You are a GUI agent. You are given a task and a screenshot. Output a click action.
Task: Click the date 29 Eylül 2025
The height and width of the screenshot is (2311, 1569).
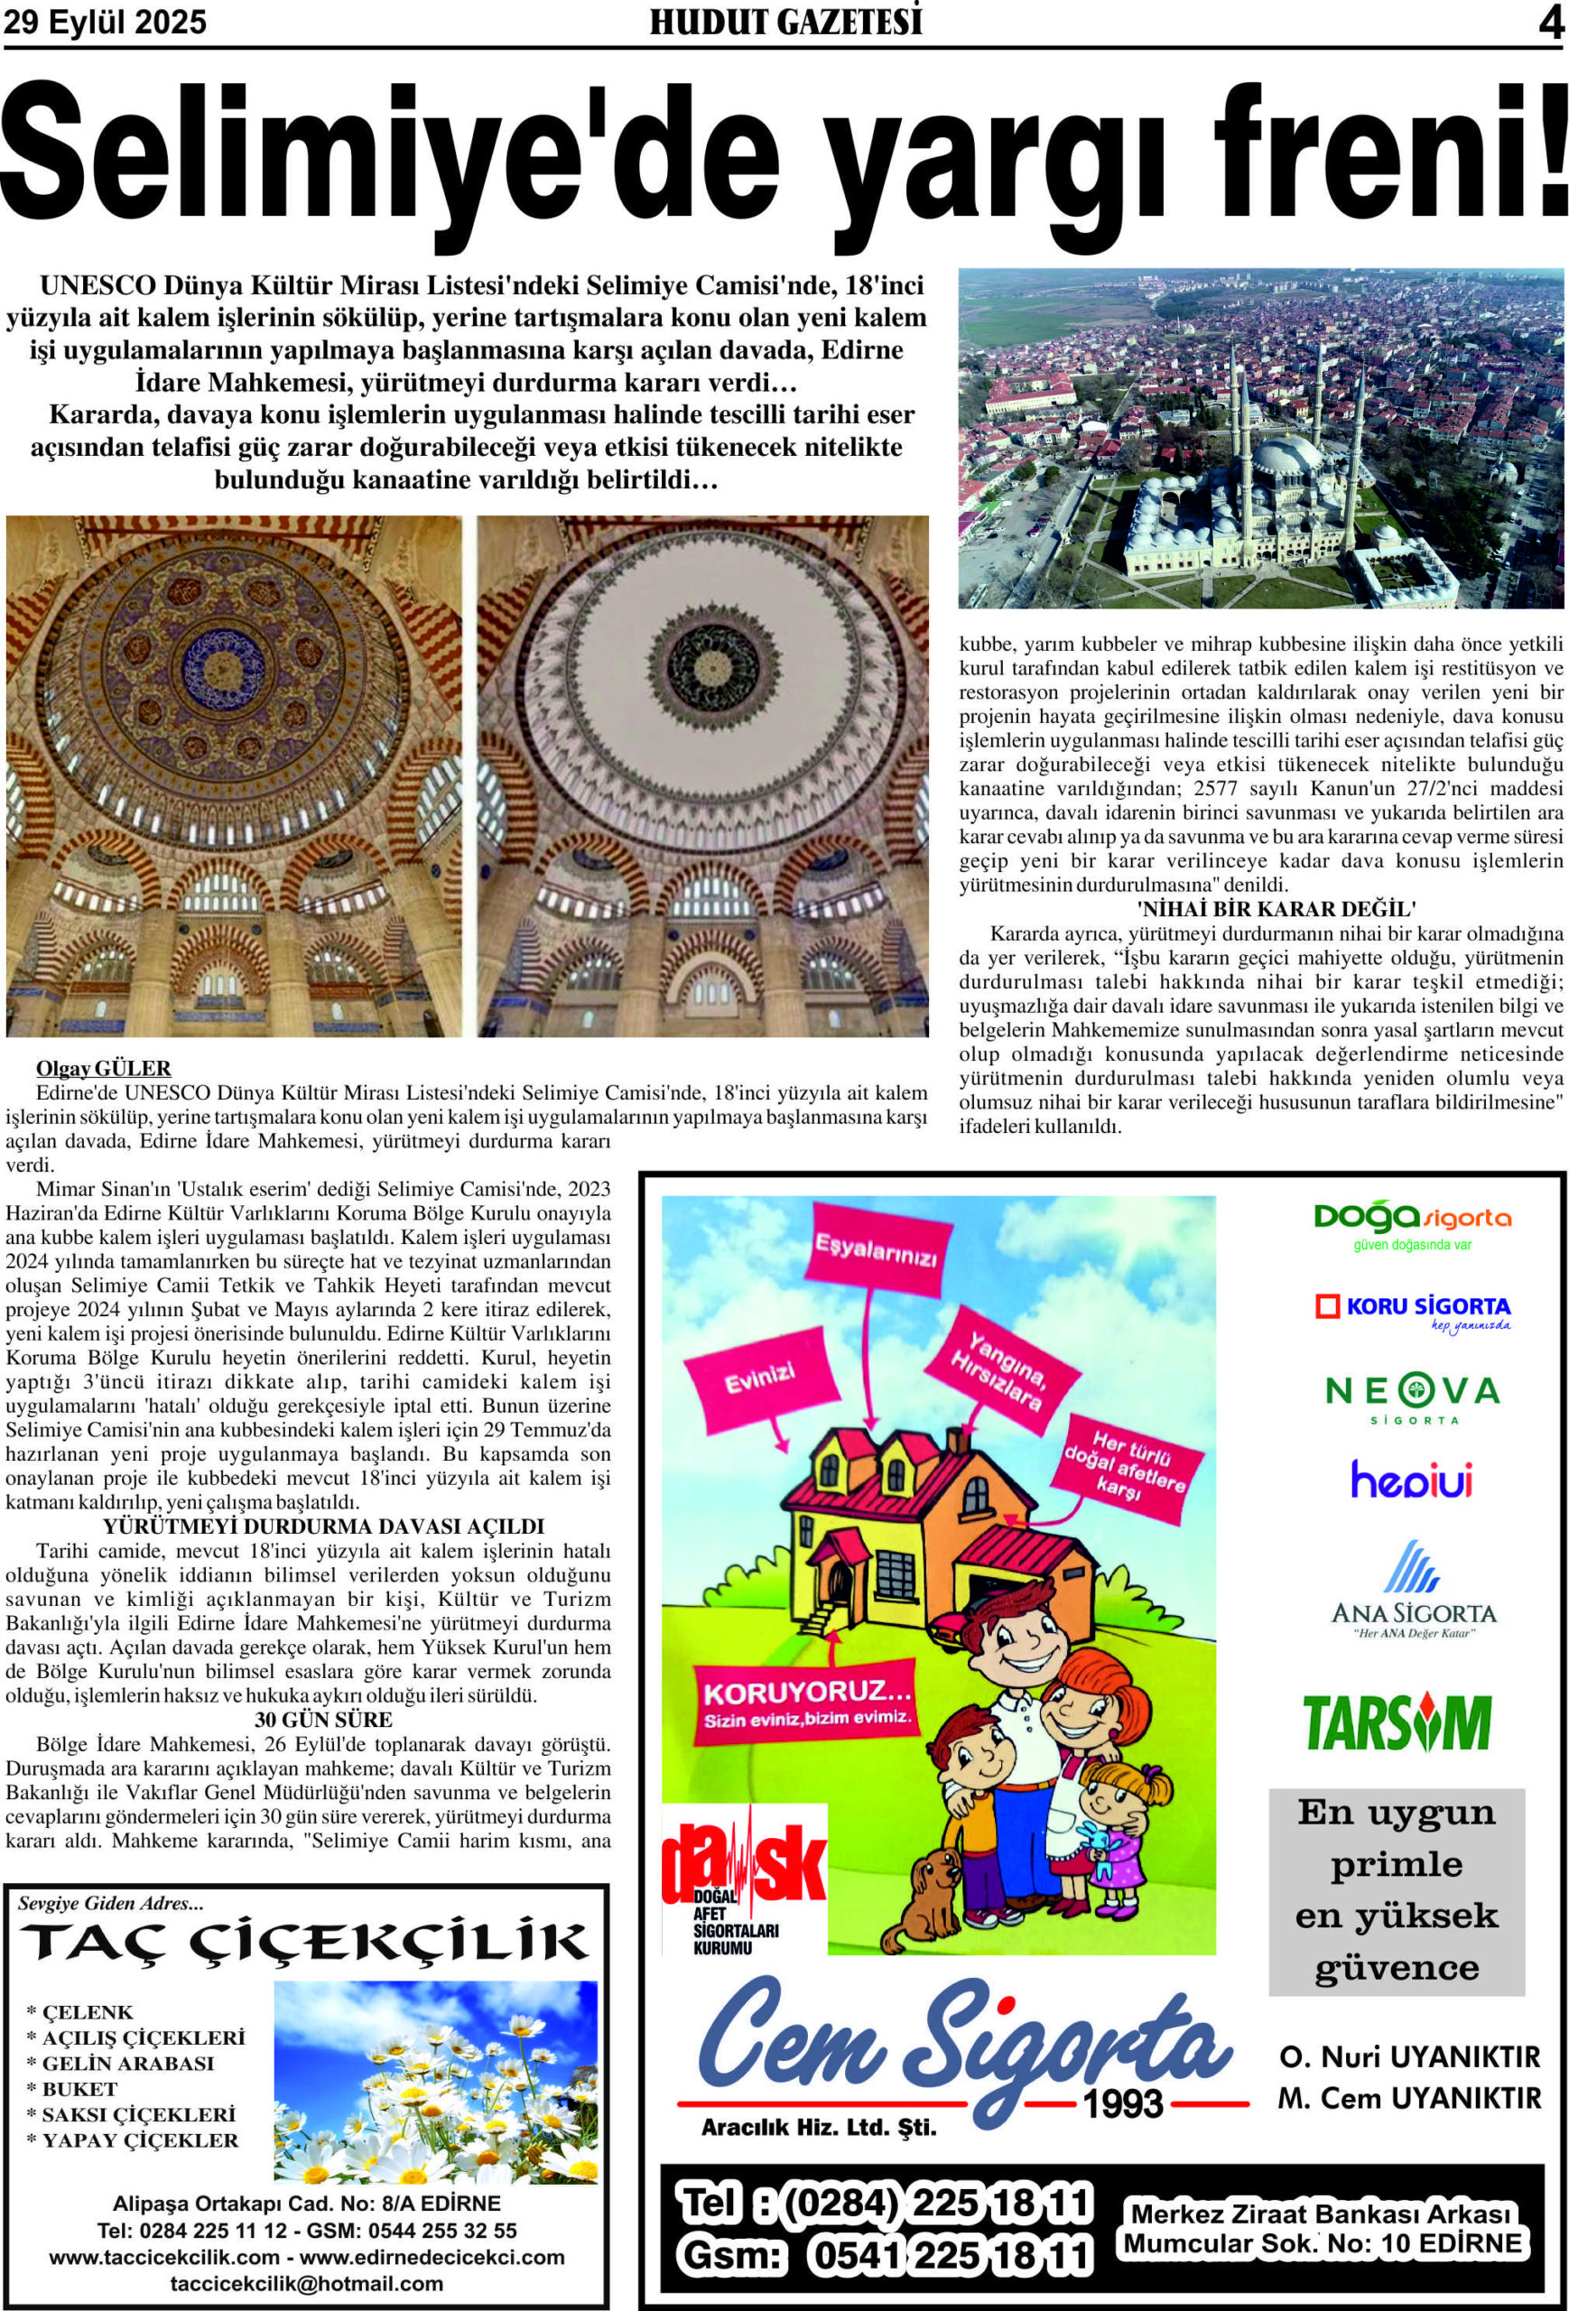[x=106, y=22]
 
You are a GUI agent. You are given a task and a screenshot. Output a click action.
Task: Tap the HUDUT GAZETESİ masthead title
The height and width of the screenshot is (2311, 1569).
[x=785, y=22]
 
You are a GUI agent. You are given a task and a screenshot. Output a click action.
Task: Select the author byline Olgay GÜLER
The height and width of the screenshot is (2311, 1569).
[x=104, y=1069]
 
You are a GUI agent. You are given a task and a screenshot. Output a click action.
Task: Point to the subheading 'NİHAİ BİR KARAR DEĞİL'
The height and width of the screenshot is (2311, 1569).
[x=1276, y=909]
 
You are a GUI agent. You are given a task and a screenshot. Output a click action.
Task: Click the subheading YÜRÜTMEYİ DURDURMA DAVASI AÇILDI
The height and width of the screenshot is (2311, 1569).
[x=323, y=1527]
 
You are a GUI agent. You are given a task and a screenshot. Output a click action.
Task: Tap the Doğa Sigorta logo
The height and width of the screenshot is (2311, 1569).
[x=1411, y=1222]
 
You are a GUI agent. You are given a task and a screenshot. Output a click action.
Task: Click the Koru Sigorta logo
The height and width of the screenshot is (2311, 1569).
[x=1412, y=1310]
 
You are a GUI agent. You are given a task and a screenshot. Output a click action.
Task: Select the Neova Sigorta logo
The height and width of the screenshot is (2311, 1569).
[x=1412, y=1395]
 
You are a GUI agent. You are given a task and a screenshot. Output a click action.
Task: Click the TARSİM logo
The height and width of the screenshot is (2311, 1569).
[x=1397, y=1723]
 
